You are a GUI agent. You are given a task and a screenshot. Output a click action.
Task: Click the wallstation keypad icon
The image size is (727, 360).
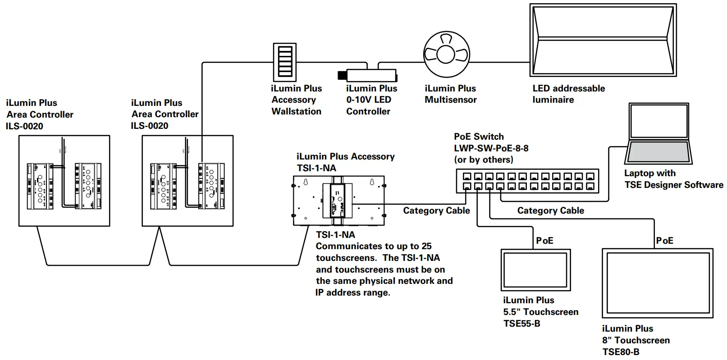point(285,62)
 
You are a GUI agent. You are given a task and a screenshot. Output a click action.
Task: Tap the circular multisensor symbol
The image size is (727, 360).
point(446,55)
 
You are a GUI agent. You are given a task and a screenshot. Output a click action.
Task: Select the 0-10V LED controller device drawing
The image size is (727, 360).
point(371,75)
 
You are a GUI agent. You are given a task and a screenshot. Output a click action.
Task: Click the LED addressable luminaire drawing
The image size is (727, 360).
point(603,40)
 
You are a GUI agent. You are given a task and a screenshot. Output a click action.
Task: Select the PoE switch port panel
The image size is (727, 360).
point(527,181)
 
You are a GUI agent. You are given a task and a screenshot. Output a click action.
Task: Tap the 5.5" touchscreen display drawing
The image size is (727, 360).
point(535,270)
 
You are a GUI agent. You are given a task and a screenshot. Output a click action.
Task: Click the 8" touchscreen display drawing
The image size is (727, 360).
point(658,283)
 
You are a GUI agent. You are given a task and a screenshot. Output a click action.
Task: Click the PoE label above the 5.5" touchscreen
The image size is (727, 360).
point(544,241)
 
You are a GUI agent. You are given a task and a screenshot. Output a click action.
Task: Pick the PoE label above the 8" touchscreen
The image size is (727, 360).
point(665,241)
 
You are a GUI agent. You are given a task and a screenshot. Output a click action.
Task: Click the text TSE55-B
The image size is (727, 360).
point(521,324)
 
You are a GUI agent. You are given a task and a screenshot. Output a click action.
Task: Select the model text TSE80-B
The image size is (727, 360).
point(621,352)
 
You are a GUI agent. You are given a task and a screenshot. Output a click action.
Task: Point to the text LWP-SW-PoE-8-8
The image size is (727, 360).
point(491,148)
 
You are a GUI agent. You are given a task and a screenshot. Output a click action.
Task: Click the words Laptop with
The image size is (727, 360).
point(649,173)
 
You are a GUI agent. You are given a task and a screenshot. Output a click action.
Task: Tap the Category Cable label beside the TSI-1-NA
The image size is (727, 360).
point(436,210)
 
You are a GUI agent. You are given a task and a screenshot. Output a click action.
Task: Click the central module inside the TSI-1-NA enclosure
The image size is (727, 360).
point(338,201)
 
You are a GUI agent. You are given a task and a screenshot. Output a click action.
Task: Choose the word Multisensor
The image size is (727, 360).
point(450,100)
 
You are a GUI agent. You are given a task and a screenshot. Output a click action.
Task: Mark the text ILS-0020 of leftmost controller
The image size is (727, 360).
point(24,126)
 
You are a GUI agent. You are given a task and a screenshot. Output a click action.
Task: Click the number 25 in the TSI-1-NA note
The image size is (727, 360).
point(426,246)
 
